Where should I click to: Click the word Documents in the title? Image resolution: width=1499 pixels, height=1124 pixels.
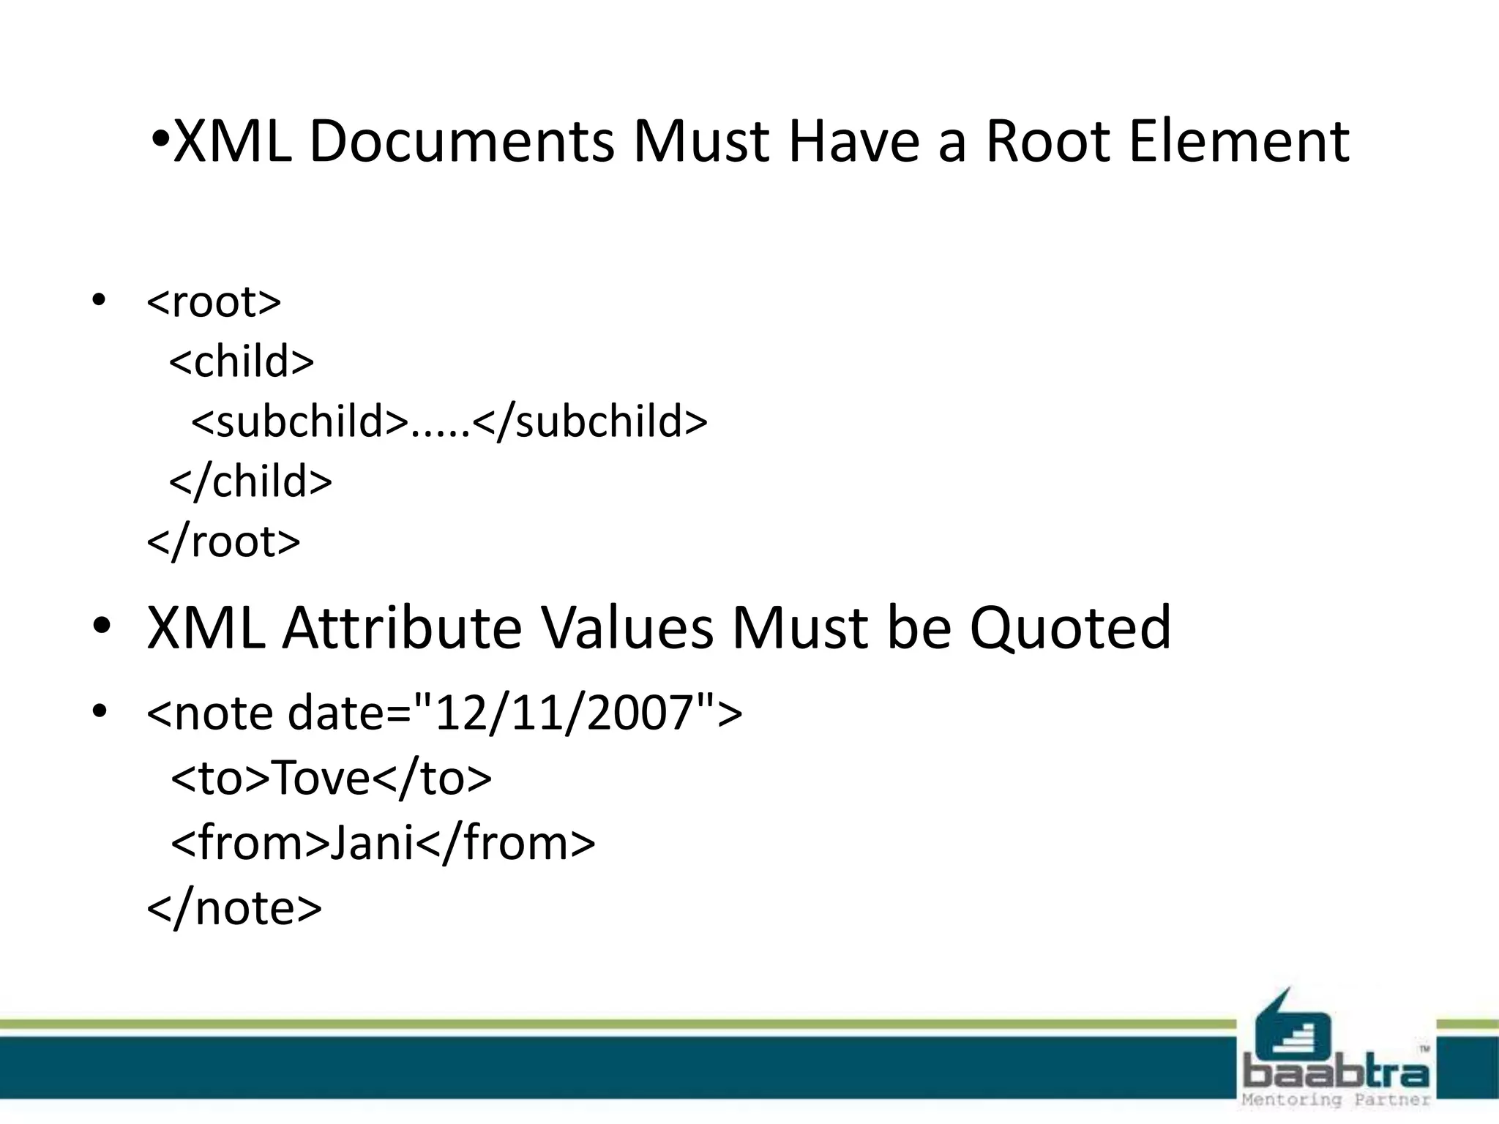(x=461, y=141)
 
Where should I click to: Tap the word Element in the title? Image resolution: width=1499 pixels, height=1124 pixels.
(x=1238, y=141)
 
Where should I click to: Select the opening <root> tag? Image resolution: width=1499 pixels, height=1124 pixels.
(x=214, y=301)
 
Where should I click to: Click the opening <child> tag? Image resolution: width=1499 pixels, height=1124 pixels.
(x=242, y=361)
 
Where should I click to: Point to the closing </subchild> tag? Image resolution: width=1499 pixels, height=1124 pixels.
(x=590, y=421)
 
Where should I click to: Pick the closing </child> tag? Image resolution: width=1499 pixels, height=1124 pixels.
(x=250, y=482)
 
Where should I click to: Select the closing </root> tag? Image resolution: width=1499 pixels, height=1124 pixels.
(x=223, y=542)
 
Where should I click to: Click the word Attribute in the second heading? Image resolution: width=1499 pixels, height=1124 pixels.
(x=402, y=628)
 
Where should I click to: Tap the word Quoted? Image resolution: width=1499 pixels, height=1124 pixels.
(x=1070, y=628)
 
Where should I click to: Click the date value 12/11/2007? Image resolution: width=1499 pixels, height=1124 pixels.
(x=564, y=713)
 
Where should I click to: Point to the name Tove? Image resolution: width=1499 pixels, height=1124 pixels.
(x=321, y=778)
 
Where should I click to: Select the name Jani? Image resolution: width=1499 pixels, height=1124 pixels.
(x=373, y=843)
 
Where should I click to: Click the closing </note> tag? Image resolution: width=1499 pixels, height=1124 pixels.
(x=234, y=908)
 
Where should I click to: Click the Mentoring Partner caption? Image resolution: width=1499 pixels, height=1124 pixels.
(x=1336, y=1100)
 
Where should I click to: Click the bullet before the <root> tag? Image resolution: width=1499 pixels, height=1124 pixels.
(x=100, y=300)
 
